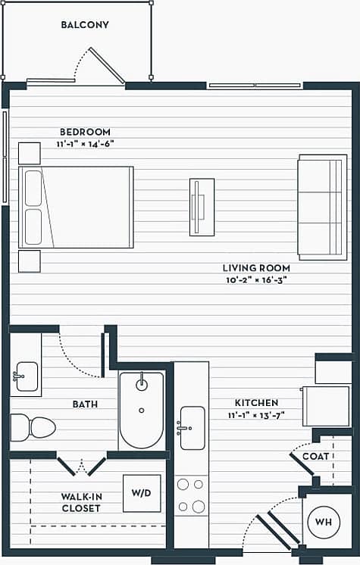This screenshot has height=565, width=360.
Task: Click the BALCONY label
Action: point(85,25)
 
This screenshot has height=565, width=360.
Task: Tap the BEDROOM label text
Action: point(85,132)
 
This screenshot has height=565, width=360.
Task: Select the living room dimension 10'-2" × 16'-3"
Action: point(255,279)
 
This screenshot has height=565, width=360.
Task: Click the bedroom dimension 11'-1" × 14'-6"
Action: point(85,143)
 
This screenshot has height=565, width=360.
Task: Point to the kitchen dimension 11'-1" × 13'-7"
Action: point(255,414)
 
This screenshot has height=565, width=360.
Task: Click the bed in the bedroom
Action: point(76,208)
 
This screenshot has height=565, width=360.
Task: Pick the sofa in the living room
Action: point(322,207)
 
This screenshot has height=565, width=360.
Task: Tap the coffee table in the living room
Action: point(202,207)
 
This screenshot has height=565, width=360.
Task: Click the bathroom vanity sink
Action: point(26,374)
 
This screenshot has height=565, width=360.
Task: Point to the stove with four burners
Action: point(191,495)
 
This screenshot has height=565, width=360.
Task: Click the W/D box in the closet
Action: point(142,493)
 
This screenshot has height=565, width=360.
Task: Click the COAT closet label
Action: point(316,457)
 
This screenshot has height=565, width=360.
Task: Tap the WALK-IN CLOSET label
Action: point(81,502)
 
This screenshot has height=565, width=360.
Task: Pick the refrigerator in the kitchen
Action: point(326,406)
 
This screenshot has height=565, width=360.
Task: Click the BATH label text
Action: point(85,404)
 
